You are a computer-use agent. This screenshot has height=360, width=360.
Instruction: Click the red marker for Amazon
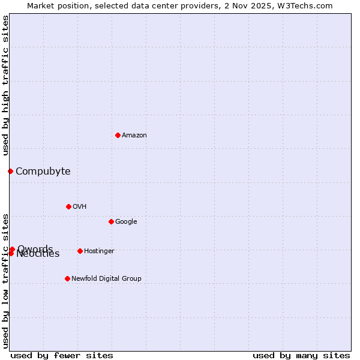[118, 135]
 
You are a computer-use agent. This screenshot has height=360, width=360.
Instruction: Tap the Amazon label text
[134, 136]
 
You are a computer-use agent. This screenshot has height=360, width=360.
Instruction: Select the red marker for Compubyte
[10, 171]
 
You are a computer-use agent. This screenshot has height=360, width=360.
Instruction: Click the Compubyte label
[43, 172]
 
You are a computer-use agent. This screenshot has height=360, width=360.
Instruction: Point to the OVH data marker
[68, 206]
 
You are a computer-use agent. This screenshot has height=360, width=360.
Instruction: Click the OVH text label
[80, 207]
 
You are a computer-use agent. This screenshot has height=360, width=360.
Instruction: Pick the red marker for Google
[111, 221]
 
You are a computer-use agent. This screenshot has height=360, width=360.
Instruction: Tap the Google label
[126, 222]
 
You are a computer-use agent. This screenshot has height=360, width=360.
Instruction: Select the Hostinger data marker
[80, 251]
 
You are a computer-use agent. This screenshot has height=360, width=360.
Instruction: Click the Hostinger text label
[99, 251]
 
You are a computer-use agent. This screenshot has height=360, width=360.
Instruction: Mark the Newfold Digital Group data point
[67, 278]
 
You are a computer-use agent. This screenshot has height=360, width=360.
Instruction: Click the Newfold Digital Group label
[106, 279]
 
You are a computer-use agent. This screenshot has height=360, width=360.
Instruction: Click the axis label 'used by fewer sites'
[62, 356]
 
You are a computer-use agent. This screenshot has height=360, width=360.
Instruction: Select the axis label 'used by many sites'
[301, 356]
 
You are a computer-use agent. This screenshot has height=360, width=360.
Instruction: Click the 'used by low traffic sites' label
[5, 281]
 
